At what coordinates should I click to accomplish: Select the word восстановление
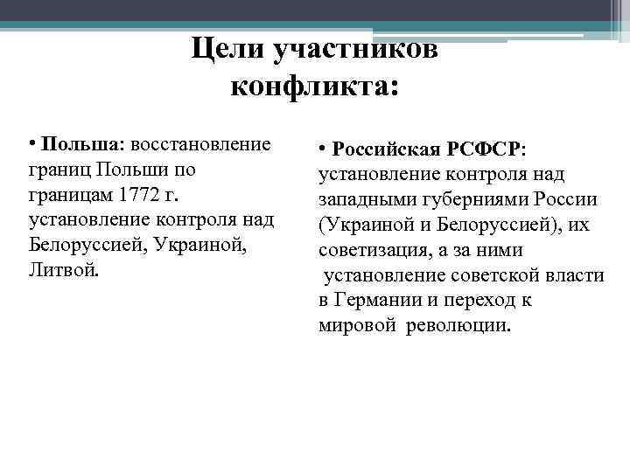(x=202, y=143)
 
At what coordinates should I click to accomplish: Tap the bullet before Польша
(x=31, y=143)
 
